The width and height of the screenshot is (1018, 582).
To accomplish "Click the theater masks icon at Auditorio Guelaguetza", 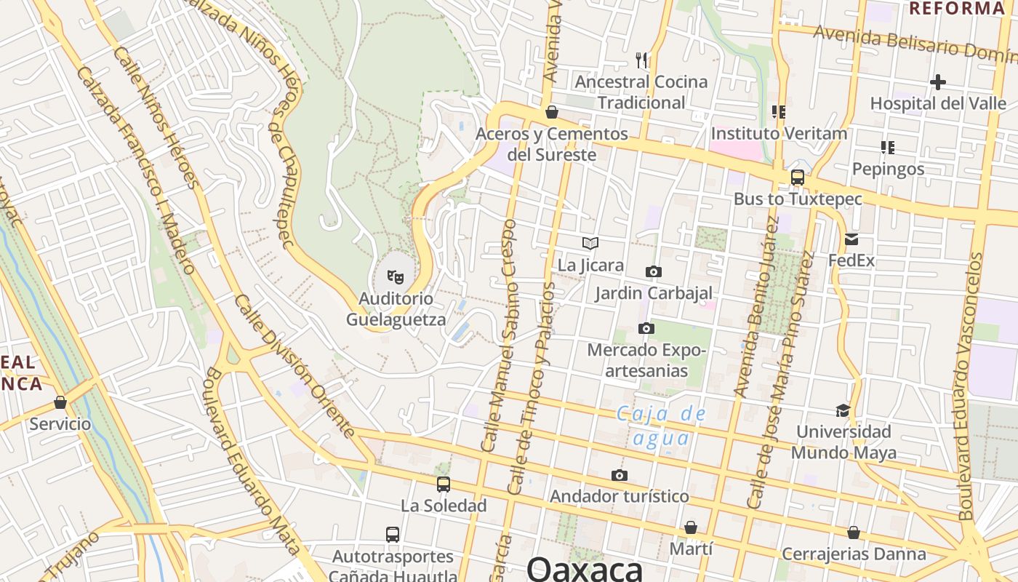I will click(395, 276).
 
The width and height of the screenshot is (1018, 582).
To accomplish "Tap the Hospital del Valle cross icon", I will click(938, 82).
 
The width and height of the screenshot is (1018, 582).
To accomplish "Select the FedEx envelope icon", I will click(851, 239).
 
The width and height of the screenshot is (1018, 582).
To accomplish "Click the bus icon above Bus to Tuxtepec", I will click(797, 178).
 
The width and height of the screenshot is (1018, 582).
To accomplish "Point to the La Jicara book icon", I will click(590, 244).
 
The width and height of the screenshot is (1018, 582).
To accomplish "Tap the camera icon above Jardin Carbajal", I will click(653, 272).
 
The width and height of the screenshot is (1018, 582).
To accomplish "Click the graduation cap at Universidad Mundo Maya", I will click(843, 410).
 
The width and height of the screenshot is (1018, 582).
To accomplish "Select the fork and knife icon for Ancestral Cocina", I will click(641, 60).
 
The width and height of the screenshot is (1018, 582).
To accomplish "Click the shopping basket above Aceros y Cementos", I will click(552, 112).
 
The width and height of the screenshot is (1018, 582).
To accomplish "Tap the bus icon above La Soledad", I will click(443, 484).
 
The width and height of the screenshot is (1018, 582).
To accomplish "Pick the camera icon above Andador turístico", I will click(620, 476).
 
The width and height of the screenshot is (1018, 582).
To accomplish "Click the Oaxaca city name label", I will click(585, 568).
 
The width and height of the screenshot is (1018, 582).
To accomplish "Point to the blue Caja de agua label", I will click(661, 426).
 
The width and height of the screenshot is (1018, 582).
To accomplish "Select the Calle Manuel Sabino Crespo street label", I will click(498, 335).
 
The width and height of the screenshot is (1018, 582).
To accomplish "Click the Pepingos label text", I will click(888, 170).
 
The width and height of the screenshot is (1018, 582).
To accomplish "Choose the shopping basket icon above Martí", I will click(690, 527).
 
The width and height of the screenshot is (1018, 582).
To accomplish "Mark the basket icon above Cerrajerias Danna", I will click(853, 533).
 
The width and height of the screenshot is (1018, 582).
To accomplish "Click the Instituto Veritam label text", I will click(779, 134).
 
